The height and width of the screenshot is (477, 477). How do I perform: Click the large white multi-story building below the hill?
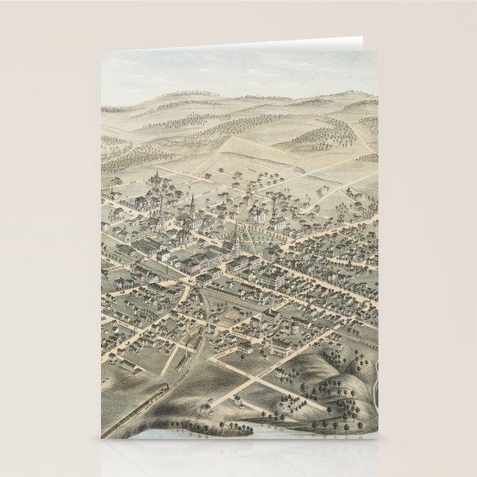pyautogui.click(x=280, y=344)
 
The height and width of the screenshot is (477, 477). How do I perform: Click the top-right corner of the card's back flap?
pyautogui.click(x=362, y=37)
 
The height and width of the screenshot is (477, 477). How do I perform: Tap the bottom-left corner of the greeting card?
pyautogui.click(x=102, y=438)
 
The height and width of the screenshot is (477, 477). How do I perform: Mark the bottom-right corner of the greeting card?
pyautogui.click(x=377, y=438)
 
